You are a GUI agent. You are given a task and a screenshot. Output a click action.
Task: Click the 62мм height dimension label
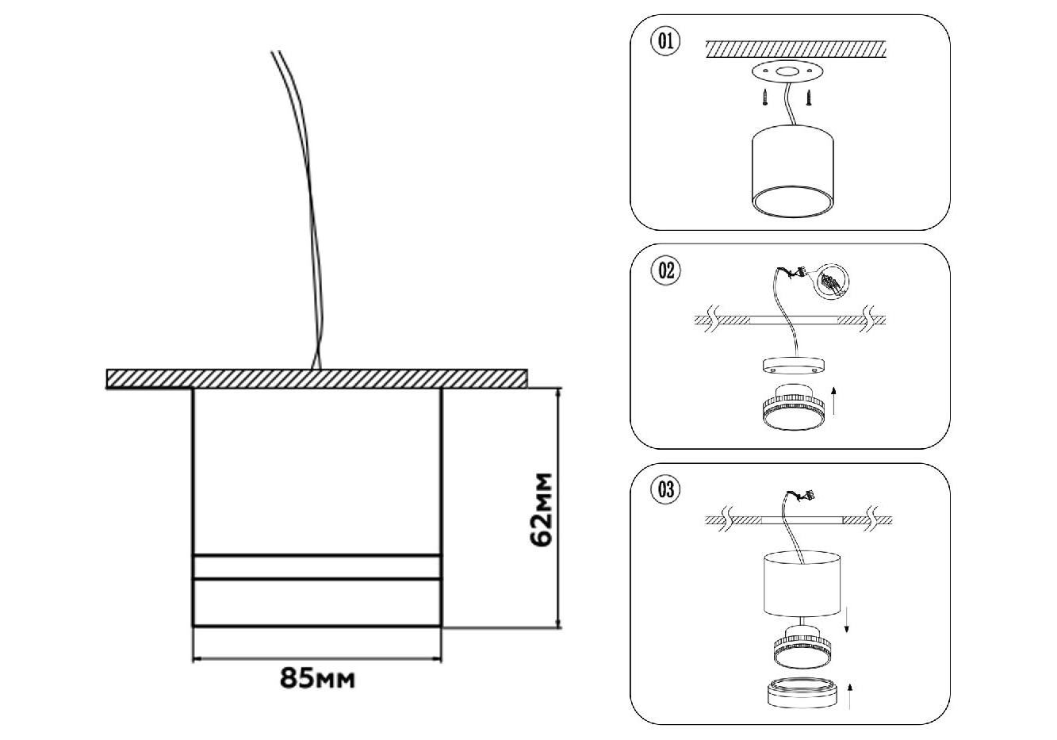(x=542, y=510)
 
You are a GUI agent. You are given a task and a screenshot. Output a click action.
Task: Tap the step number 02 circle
(x=665, y=270)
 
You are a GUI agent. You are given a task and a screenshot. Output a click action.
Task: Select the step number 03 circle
(x=665, y=489)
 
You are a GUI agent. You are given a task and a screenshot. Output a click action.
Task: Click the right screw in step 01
(x=809, y=98)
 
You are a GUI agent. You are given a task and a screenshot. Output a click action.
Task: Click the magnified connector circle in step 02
(x=829, y=280)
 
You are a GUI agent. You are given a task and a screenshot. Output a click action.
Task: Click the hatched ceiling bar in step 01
(x=795, y=48)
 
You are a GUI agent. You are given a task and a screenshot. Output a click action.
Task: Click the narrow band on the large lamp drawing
(x=317, y=567)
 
